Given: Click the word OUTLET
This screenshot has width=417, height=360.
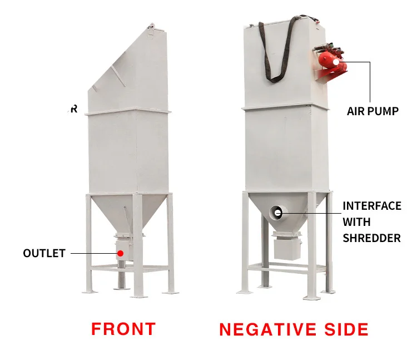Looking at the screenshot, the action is [x=44, y=253].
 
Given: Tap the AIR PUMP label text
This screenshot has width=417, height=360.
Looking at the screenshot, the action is [x=373, y=111].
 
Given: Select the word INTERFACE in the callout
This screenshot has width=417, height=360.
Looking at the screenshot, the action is [x=371, y=206].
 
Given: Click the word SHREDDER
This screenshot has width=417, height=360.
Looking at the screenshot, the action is [x=371, y=238].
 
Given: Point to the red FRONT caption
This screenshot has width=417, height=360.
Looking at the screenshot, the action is [x=123, y=328].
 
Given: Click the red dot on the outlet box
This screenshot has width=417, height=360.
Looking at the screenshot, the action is [x=120, y=253].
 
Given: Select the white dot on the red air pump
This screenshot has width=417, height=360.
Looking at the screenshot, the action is [x=336, y=62].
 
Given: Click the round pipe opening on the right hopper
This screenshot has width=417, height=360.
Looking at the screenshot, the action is [x=277, y=211].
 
